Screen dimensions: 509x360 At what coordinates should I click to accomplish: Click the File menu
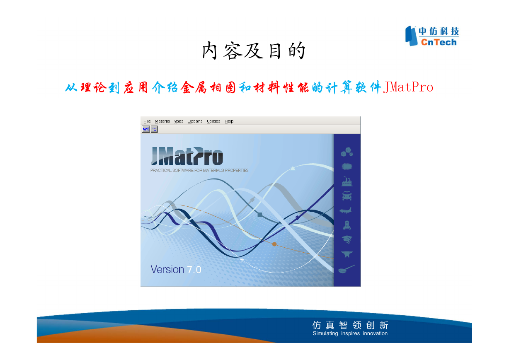point(147,121)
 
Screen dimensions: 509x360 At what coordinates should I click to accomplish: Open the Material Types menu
point(169,121)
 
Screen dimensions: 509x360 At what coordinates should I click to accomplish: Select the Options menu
point(195,121)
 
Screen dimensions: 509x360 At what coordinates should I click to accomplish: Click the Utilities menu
point(213,121)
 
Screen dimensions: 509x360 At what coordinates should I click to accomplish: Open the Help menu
point(229,121)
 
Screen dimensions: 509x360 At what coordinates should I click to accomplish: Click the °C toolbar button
point(154,129)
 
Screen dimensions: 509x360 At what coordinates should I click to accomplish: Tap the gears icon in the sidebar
point(347,152)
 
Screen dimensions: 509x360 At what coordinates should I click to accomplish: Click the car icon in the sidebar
point(347,196)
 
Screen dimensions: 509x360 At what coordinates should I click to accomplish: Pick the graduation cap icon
point(347,239)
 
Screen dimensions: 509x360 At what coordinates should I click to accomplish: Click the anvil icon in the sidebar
point(347,254)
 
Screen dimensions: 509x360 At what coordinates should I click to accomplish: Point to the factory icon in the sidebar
point(347,181)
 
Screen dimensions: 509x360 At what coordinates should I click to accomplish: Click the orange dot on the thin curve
point(274,244)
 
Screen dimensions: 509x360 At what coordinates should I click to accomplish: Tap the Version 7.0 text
point(176,270)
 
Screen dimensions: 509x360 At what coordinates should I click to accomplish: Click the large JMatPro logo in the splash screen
point(187,156)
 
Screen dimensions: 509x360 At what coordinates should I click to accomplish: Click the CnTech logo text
point(439,42)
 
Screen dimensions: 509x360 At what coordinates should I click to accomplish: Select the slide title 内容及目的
point(254,51)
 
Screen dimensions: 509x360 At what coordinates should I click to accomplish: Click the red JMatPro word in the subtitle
point(408,87)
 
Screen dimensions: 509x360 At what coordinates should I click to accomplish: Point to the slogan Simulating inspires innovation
point(350,333)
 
